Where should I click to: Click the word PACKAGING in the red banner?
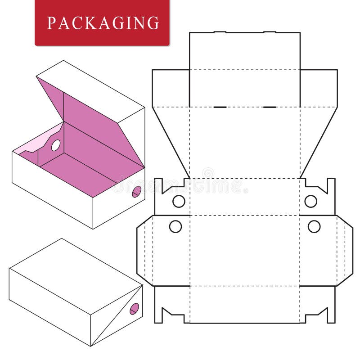tap(103, 22)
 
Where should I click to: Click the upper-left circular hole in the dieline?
tap(179, 201)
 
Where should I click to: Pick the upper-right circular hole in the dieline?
tap(310, 201)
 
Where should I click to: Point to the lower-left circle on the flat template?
tap(175, 226)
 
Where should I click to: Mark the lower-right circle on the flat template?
tap(314, 226)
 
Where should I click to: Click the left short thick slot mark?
tap(220, 107)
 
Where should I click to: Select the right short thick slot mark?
tap(270, 107)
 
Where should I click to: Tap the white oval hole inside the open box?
tap(56, 145)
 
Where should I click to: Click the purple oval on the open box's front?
tap(137, 191)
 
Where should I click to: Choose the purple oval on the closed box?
tap(134, 309)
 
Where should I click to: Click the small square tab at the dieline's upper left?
tap(171, 88)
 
